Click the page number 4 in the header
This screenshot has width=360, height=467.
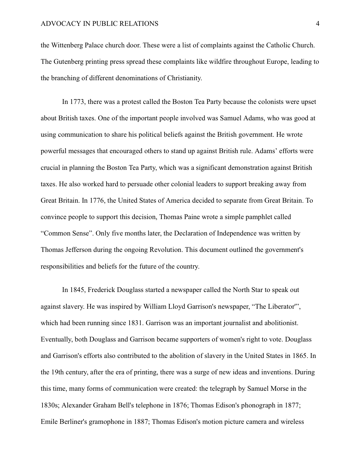click(x=318, y=24)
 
